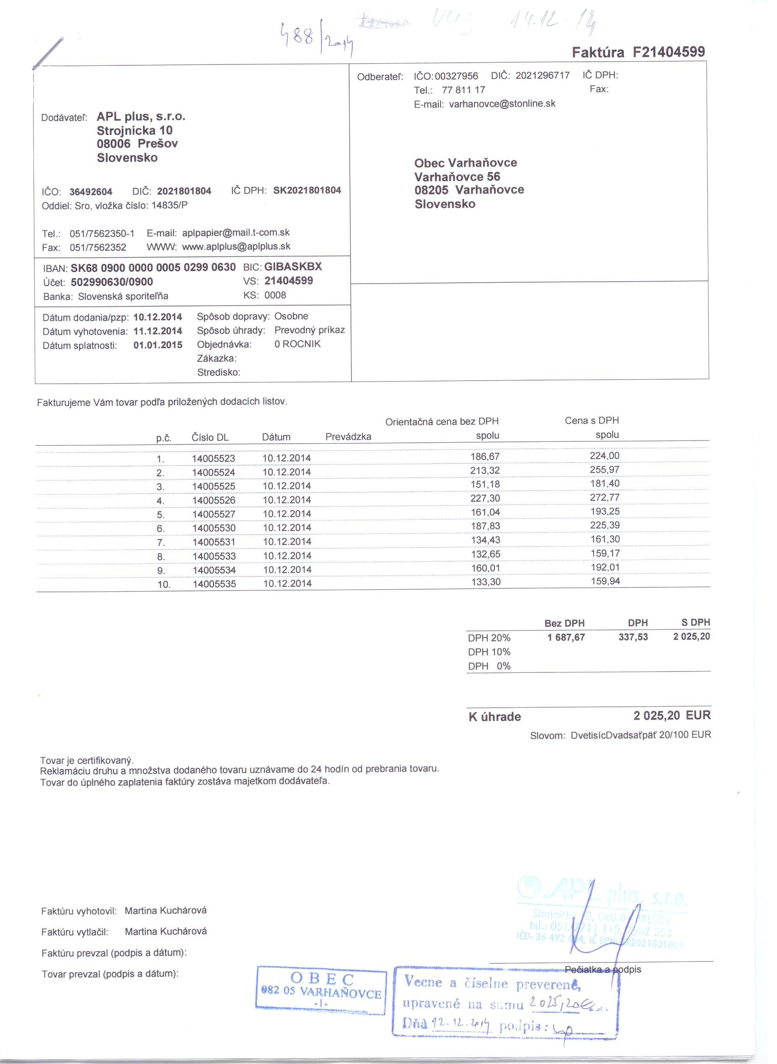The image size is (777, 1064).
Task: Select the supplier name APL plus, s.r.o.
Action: tap(141, 116)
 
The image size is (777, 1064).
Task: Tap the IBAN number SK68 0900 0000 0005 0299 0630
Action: tap(153, 268)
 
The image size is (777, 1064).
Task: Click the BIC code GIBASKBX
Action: tap(293, 266)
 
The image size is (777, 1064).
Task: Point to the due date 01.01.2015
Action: tap(158, 345)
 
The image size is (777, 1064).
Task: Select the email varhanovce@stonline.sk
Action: tap(502, 103)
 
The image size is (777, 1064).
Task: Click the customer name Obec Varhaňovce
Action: tap(465, 163)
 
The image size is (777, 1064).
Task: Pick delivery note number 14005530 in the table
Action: tap(213, 528)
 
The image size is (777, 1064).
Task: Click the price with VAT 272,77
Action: tap(604, 497)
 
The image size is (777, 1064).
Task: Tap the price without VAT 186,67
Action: tap(485, 457)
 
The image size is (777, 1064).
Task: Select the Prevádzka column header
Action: tap(348, 437)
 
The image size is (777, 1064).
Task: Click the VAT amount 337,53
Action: tap(633, 637)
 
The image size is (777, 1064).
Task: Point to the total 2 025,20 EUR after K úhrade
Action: tap(671, 716)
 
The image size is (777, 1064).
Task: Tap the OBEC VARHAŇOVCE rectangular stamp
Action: tap(321, 990)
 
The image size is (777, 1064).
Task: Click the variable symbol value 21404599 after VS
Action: tap(288, 281)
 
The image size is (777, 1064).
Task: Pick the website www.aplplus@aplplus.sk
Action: tap(236, 247)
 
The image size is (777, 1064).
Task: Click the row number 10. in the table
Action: tap(164, 585)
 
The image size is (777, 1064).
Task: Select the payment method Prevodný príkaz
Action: tap(309, 330)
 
